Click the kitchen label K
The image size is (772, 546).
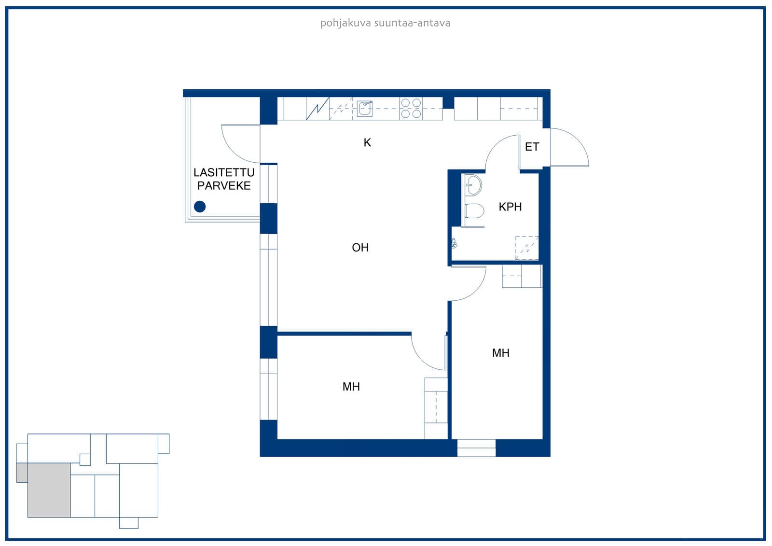tap(367, 142)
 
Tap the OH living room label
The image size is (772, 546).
tap(360, 247)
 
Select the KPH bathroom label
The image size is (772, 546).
tap(510, 207)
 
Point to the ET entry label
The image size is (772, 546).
tap(532, 147)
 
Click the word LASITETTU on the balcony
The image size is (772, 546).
tap(224, 172)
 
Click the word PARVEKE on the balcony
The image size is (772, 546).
tap(224, 185)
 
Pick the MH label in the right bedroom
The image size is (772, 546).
tap(501, 353)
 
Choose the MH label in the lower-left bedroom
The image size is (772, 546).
tap(351, 387)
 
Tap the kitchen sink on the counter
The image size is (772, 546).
tap(365, 109)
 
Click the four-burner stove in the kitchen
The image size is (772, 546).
tap(411, 108)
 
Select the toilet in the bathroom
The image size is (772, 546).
tap(474, 211)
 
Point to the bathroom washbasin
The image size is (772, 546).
tap(473, 185)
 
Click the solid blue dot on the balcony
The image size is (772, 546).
tap(200, 207)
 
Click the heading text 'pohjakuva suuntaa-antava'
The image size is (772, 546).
tap(386, 23)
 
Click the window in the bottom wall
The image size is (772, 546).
tap(476, 448)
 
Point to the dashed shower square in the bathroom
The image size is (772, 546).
tap(527, 248)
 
